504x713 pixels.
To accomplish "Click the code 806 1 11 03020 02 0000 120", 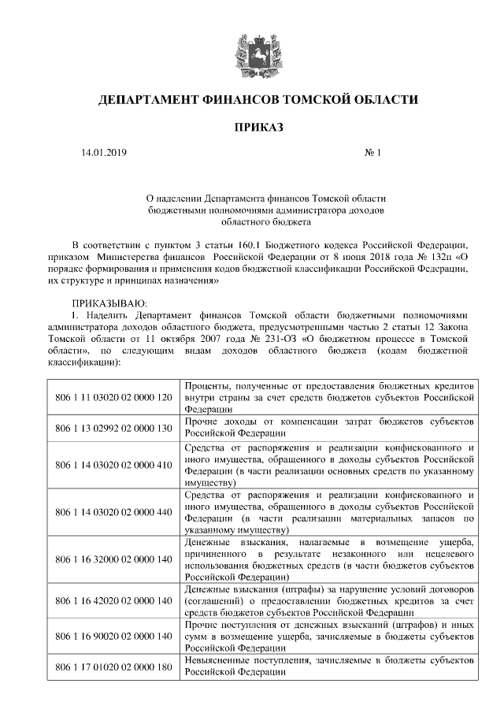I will (x=113, y=397).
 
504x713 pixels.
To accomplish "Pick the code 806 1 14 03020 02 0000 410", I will (x=113, y=464).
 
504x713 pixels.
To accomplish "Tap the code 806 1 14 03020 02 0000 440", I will (x=113, y=512).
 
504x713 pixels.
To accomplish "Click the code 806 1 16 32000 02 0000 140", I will (x=113, y=559).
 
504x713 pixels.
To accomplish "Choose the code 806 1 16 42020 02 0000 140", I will (x=113, y=600).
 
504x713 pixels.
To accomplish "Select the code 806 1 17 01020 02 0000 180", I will (x=113, y=667).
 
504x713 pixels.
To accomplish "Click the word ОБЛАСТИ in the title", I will (x=383, y=100).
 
